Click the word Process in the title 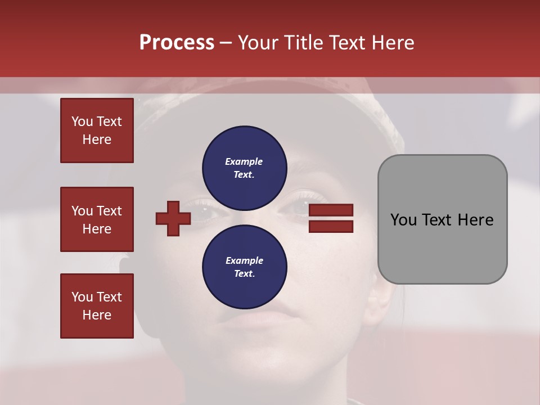[x=177, y=43]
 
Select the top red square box [x=97, y=130]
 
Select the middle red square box [x=97, y=219]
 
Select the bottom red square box [x=97, y=306]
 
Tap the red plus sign [x=173, y=218]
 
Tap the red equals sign [x=331, y=218]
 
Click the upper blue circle [x=245, y=168]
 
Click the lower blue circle [x=245, y=267]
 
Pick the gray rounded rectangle [x=442, y=219]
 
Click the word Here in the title [x=390, y=43]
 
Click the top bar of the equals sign [x=331, y=210]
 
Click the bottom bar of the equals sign [x=331, y=226]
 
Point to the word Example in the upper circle [x=244, y=161]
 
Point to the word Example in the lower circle [x=244, y=260]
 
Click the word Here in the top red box [x=97, y=139]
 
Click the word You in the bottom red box [x=82, y=297]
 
